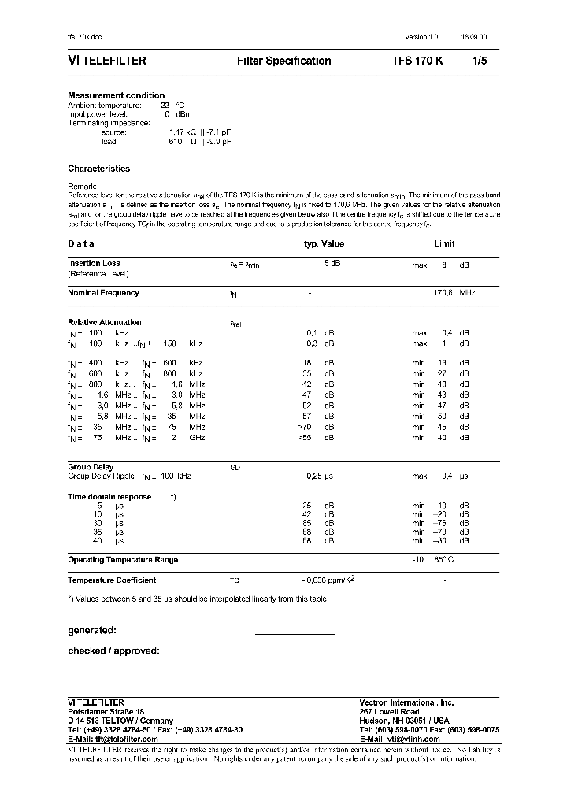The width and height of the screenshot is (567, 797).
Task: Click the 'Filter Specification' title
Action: coord(283,61)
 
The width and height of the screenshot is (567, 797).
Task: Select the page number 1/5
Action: coord(479,61)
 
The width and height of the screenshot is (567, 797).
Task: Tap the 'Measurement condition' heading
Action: coord(116,95)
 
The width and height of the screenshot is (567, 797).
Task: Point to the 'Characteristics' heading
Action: coord(98,169)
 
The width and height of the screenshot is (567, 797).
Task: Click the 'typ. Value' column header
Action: coord(324,244)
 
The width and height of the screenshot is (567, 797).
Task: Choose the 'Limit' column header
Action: coord(444,244)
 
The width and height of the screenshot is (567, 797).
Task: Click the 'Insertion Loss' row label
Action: coord(94,263)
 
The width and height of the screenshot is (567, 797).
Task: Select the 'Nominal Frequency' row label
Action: coord(103,293)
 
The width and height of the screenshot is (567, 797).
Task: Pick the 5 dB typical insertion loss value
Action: coord(332,263)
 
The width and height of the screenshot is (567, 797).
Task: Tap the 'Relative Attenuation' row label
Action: coord(105,322)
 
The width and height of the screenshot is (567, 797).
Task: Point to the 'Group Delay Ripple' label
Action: coord(102,476)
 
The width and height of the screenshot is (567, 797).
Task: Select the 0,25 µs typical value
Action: coord(320,476)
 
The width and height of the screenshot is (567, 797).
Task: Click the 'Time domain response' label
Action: coord(109,497)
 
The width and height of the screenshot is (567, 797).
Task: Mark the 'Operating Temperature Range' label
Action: coord(123,560)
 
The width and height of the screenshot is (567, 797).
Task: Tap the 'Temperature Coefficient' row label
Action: coord(112,580)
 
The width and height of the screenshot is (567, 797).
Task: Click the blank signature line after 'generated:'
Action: coord(295,634)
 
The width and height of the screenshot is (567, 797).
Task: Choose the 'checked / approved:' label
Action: coord(113,651)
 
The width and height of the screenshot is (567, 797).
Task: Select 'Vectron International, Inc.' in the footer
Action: coord(406,702)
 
